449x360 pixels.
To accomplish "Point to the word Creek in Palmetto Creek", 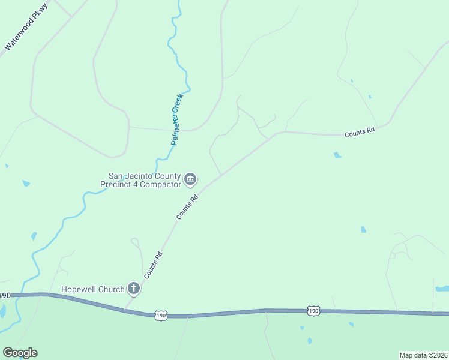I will [178, 104].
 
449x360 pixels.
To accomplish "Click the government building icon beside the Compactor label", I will [191, 179].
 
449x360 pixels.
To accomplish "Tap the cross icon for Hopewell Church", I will [134, 290].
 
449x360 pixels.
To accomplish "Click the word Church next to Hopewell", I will [113, 290].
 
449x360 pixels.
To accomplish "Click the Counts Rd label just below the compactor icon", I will [187, 206].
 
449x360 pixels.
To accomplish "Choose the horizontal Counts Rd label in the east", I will [359, 132].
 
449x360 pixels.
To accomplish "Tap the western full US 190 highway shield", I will [160, 315].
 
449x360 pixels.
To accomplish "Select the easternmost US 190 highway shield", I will [313, 310].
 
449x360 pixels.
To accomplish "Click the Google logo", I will [20, 353].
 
